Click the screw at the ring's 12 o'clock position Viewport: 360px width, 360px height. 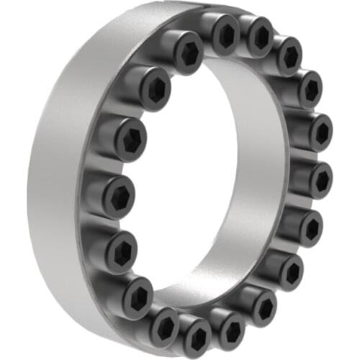225,32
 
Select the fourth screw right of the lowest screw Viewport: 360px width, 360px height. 312,228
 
